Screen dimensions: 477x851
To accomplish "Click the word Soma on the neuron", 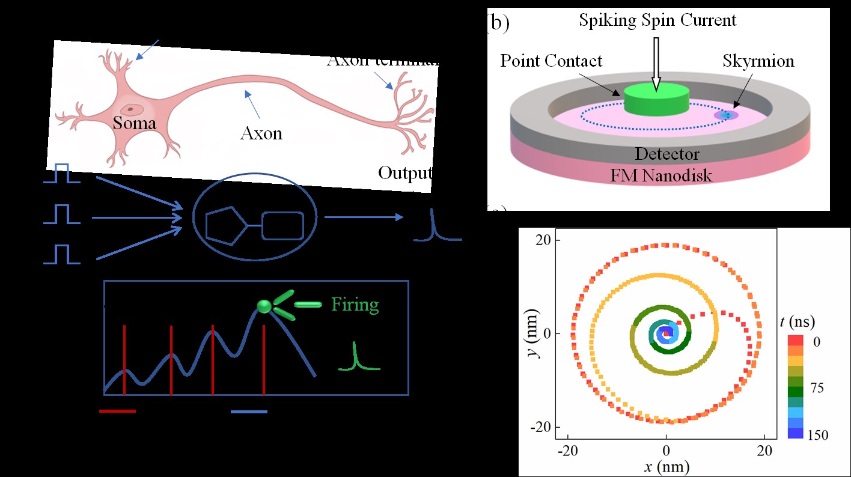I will point(135,124).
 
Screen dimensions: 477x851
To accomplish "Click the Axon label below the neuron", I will point(261,132).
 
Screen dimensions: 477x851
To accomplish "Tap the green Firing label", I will point(355,305).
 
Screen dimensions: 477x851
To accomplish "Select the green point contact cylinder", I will point(656,99).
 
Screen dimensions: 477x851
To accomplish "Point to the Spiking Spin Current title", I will point(657,20).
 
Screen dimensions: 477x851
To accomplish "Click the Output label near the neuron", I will point(404,173).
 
